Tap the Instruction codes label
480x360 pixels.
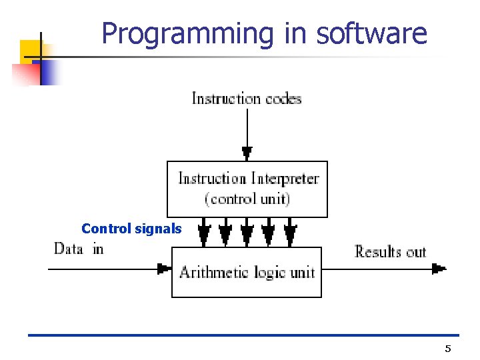coord(247,99)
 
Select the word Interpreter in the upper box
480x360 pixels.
coord(285,179)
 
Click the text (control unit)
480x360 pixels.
coord(247,199)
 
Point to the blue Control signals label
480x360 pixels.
coord(131,229)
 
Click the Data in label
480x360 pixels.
coord(79,249)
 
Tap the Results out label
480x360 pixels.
coord(390,251)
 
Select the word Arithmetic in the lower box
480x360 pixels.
coord(210,272)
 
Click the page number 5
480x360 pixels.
coord(448,349)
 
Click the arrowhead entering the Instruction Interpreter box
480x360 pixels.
coord(247,153)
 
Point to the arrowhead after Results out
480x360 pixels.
coord(438,269)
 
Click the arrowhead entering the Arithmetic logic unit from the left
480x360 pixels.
coord(163,269)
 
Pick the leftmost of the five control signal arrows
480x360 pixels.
coord(205,233)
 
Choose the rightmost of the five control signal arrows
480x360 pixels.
coord(290,233)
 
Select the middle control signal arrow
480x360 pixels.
coord(247,233)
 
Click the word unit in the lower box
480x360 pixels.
coord(302,272)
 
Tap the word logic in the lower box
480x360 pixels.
coord(267,272)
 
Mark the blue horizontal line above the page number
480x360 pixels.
coord(243,335)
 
